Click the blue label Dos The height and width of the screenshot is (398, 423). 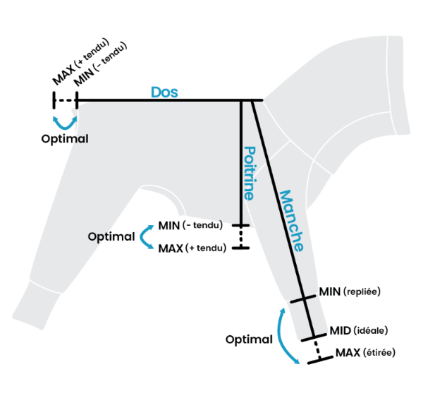pos(164,92)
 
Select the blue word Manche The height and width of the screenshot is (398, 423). pos(290,221)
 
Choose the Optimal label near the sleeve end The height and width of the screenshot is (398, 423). pos(249,339)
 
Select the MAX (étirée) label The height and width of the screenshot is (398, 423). pos(364,352)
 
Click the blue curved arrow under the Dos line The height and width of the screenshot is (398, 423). pos(66,122)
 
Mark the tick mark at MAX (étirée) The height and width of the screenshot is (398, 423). pos(320,358)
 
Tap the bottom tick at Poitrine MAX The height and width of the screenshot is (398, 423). pos(241,248)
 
